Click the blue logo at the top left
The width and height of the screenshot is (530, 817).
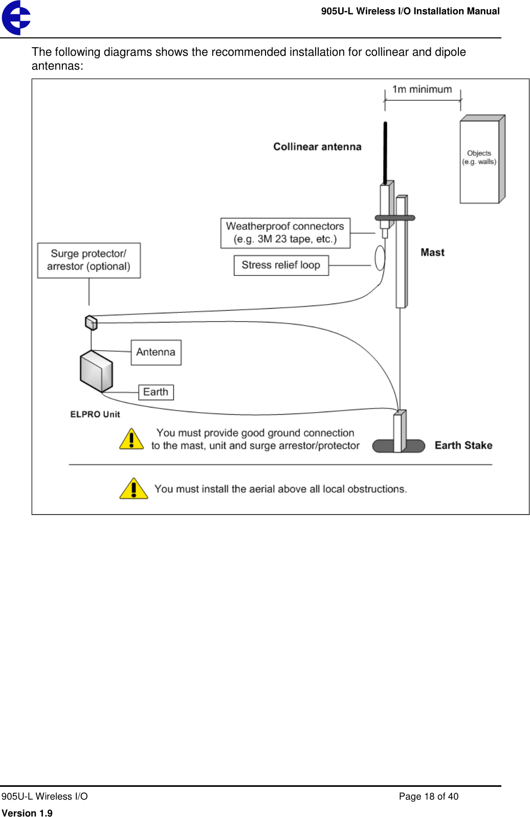point(16,17)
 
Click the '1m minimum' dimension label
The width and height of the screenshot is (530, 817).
point(422,90)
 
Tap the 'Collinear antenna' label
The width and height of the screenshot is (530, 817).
point(317,147)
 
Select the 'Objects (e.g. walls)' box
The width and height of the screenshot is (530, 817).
point(479,160)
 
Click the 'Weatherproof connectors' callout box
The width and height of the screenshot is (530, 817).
point(285,233)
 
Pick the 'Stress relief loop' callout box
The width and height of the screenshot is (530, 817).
point(281,265)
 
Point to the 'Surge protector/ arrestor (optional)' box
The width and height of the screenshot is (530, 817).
point(89,260)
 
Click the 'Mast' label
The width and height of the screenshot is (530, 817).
point(432,252)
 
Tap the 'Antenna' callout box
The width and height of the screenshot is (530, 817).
point(156,352)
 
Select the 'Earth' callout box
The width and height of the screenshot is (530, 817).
point(156,392)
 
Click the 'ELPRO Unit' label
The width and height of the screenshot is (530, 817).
point(95,414)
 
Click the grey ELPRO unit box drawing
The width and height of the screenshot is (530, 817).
point(96,372)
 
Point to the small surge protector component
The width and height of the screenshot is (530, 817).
point(91,322)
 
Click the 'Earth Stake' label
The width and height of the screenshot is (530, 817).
point(463,445)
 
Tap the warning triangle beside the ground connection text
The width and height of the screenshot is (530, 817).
point(131,440)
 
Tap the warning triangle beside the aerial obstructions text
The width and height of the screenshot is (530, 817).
point(133,489)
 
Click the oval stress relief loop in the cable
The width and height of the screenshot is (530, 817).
point(380,258)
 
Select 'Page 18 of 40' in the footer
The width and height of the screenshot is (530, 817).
point(428,796)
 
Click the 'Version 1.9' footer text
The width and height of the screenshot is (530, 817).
point(27,812)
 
